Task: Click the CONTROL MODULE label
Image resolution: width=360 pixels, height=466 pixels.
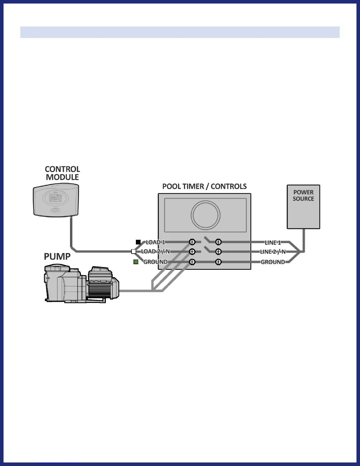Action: coord(62,173)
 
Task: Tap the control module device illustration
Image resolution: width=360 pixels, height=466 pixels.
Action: coord(56,200)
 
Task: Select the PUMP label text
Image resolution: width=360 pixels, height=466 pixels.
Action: coord(57,257)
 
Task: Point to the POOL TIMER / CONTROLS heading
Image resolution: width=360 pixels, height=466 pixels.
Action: coord(204,187)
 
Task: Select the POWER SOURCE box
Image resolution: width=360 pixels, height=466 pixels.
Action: coord(303,207)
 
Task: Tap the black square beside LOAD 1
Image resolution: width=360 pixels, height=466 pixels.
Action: coord(138,242)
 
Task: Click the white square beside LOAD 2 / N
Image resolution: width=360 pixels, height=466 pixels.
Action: coord(134,252)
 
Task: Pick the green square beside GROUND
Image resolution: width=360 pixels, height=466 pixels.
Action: coord(136,262)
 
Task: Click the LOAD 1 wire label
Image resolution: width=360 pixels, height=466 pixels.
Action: coord(155,242)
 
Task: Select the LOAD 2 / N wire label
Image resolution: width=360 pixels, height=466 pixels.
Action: coord(155,252)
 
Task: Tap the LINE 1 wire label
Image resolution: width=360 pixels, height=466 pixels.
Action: coord(273,243)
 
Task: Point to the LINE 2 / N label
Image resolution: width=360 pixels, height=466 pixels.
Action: coord(273,252)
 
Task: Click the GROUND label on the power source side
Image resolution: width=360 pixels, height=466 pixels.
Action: coord(273,262)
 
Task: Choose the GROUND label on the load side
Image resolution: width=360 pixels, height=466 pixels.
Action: coord(155,262)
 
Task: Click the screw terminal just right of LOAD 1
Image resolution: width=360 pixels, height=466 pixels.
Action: coord(192,242)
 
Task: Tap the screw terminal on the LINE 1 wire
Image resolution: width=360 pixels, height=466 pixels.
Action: coord(218,242)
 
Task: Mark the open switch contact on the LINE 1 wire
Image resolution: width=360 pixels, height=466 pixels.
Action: coord(207,240)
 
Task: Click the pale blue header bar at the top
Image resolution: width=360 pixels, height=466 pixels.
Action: coord(180,32)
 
